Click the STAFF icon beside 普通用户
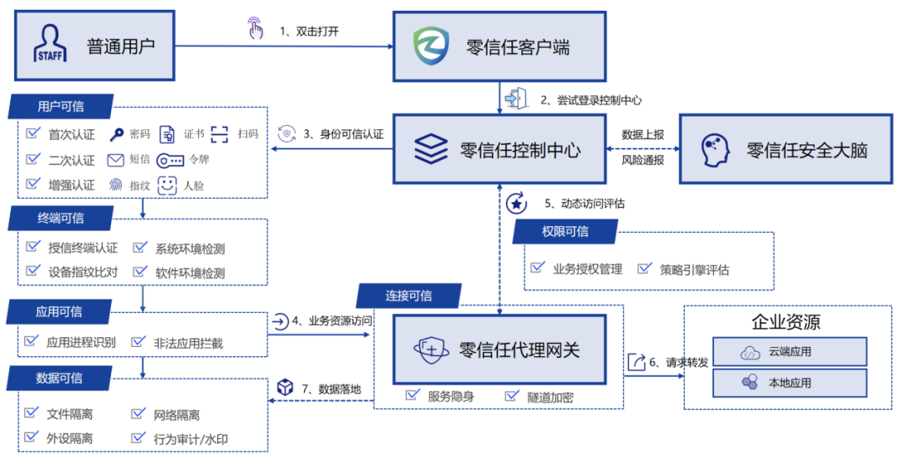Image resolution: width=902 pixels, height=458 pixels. (x=50, y=44)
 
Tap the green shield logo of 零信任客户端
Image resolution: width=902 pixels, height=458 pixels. (x=431, y=46)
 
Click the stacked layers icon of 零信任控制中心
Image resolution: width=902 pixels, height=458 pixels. (x=431, y=149)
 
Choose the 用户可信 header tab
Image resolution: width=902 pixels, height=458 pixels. (x=60, y=107)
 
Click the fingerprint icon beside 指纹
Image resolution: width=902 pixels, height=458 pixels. (x=116, y=185)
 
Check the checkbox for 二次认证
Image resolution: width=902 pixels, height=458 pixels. (x=33, y=159)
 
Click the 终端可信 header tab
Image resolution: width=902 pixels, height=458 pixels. (x=60, y=219)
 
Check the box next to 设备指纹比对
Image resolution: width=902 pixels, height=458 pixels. (x=33, y=271)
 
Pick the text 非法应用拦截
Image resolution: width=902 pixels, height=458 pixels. (x=188, y=342)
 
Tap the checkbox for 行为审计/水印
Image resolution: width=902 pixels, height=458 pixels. (x=139, y=437)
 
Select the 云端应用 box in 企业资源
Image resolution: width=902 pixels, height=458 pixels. (x=789, y=352)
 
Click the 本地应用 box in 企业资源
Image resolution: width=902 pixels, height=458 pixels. (x=789, y=383)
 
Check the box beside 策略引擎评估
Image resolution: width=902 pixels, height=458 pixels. (x=644, y=269)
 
